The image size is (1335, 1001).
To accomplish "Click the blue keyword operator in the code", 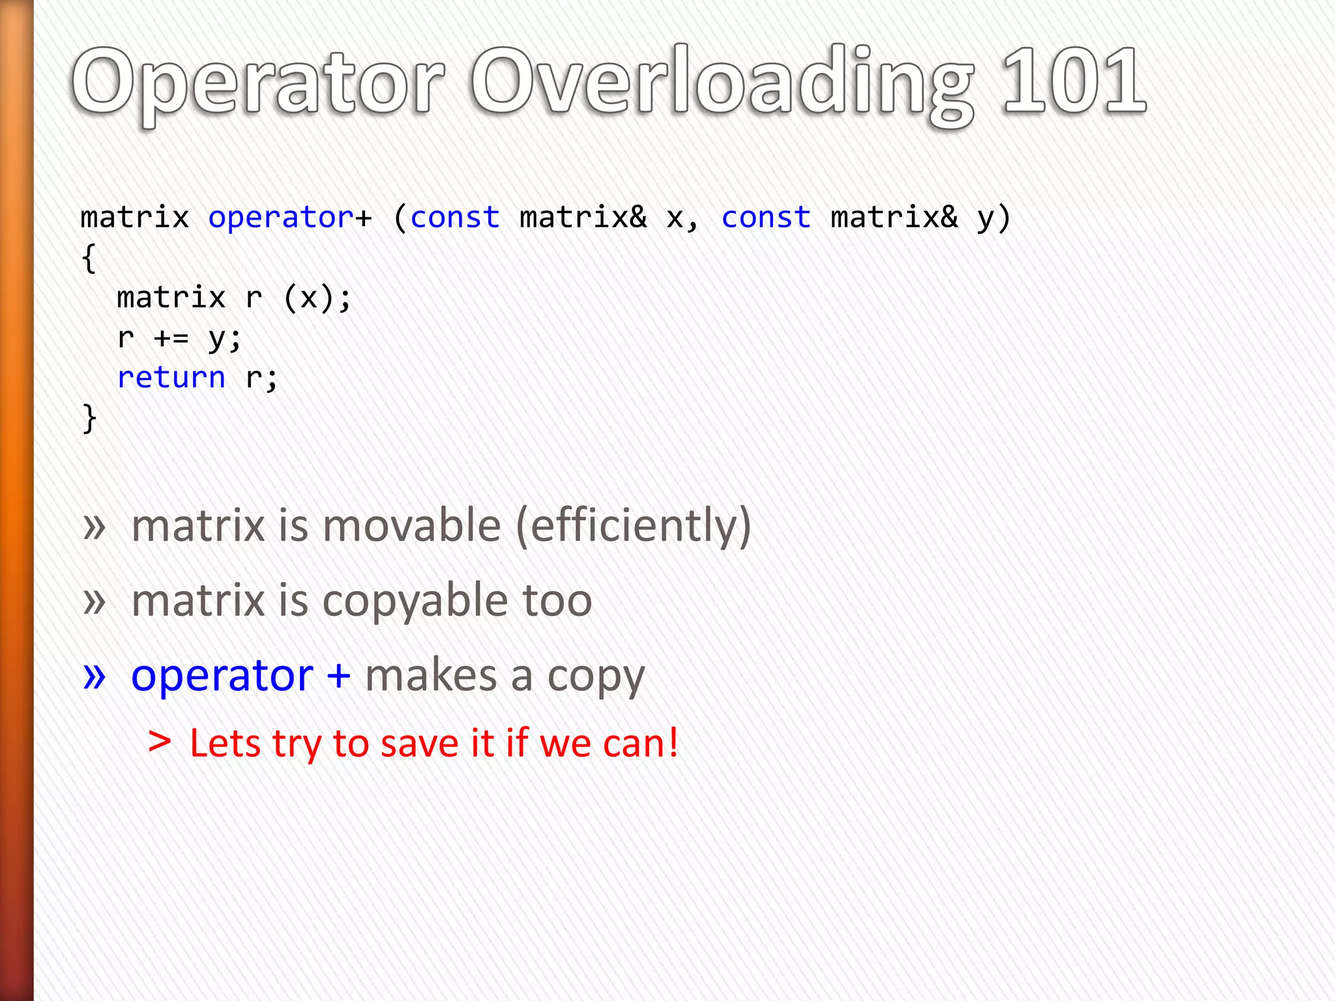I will (281, 217).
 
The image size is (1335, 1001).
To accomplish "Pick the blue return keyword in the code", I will (171, 377).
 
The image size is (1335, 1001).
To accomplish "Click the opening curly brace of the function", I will (89, 258).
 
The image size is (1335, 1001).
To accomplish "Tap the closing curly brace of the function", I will (89, 418).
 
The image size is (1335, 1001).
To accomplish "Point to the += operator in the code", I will (171, 338).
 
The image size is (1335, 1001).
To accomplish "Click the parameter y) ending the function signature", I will (993, 217).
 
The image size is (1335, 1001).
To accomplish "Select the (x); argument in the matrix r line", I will (317, 298).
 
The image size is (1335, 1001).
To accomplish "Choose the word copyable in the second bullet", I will (415, 601).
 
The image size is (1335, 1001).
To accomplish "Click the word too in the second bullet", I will (557, 601).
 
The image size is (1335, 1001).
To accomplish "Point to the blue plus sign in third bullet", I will (339, 675).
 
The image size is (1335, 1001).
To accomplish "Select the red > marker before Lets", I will (160, 742).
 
